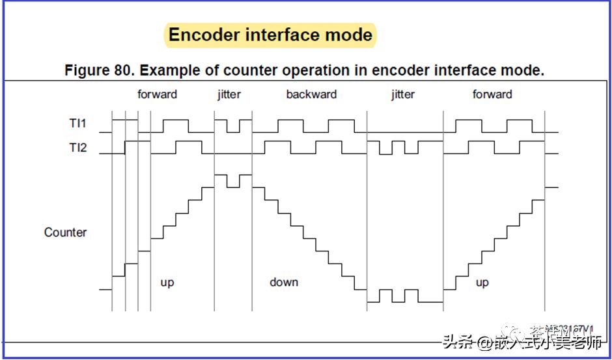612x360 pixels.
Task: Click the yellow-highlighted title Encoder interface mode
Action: click(270, 35)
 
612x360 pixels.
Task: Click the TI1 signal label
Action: click(78, 122)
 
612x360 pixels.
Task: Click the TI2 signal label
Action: click(78, 148)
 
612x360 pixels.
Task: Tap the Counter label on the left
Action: click(65, 232)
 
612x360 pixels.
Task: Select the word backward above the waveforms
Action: click(311, 94)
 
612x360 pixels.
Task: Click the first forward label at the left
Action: click(157, 94)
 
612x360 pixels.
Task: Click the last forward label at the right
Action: click(492, 94)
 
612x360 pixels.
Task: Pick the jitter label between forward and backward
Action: click(229, 94)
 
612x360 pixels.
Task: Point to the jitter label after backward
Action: click(403, 94)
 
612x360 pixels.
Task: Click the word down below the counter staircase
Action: click(284, 283)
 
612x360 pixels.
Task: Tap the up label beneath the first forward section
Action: click(167, 283)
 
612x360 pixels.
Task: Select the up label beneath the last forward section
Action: click(482, 283)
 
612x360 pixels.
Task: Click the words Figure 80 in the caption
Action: click(98, 70)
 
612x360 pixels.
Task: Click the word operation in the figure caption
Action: click(311, 70)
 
